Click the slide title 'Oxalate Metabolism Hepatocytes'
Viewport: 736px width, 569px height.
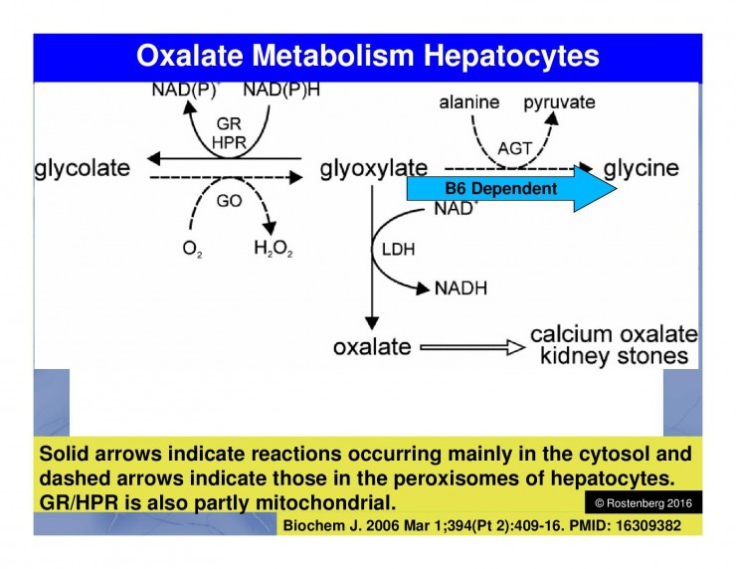pyautogui.click(x=367, y=55)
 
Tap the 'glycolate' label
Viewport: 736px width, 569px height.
pyautogui.click(x=83, y=168)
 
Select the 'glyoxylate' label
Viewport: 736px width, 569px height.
pyautogui.click(x=374, y=169)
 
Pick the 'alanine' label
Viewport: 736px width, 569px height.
pyautogui.click(x=468, y=102)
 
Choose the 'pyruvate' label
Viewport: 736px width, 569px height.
pyautogui.click(x=560, y=102)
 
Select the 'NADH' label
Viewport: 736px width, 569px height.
pyautogui.click(x=461, y=288)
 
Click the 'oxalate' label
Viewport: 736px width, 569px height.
pyautogui.click(x=371, y=346)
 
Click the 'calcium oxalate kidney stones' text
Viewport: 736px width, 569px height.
pyautogui.click(x=613, y=344)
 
